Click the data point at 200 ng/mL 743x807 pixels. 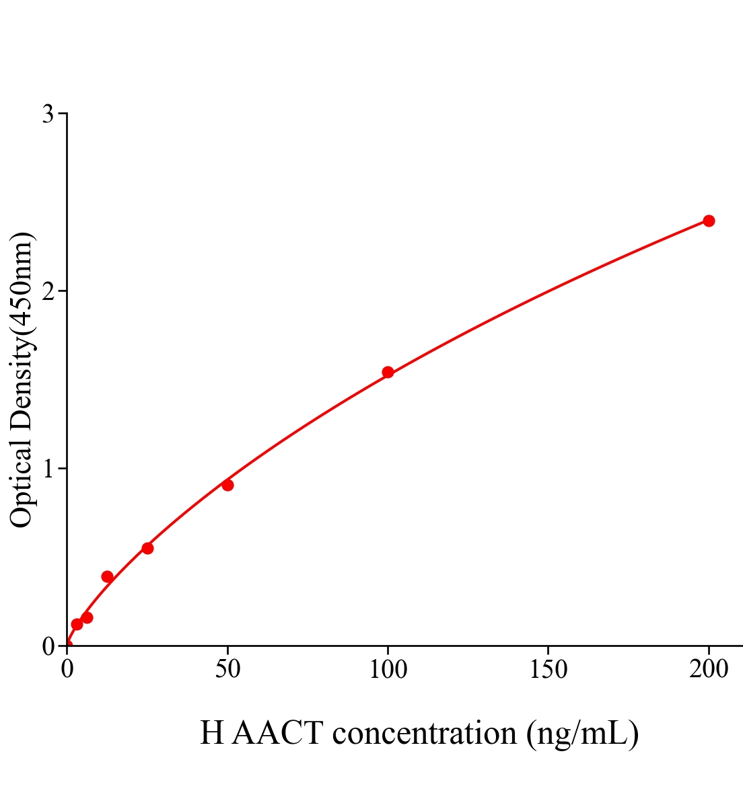(709, 221)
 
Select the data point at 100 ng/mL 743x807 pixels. (388, 372)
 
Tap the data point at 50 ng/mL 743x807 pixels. (227, 485)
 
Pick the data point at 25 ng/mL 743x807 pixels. (147, 548)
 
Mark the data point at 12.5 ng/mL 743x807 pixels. (107, 576)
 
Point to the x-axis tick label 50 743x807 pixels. (227, 670)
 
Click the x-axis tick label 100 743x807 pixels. (388, 670)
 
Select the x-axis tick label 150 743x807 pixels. (548, 670)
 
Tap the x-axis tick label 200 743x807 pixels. (709, 670)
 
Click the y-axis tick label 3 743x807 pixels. (48, 114)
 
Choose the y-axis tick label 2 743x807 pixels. (48, 291)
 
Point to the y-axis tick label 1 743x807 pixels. (48, 469)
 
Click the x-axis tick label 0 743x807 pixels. (67, 670)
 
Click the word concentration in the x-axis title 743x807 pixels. (425, 733)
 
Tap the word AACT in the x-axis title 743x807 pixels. (277, 733)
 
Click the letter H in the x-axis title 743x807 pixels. (211, 733)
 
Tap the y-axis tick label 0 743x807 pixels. (48, 646)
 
